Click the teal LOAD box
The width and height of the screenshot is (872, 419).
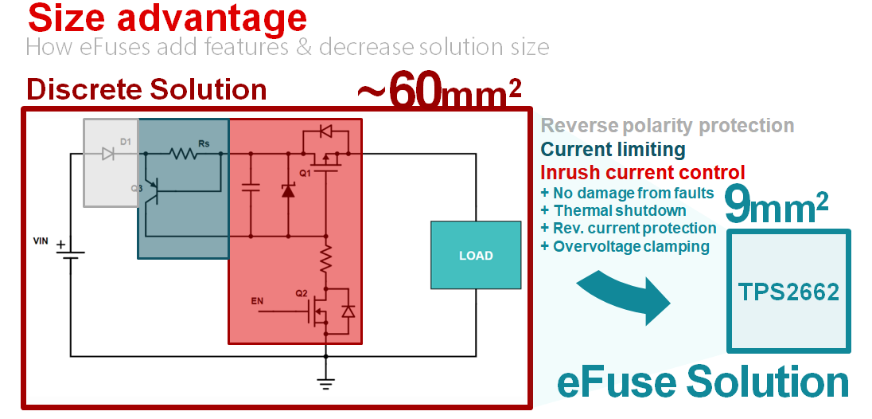(x=476, y=255)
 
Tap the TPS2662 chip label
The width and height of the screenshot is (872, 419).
(x=788, y=292)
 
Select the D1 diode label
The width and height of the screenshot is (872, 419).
(x=125, y=141)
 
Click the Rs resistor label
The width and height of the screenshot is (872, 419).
(x=204, y=142)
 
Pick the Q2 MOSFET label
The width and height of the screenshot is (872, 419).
(x=301, y=293)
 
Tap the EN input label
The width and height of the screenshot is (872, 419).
(x=257, y=301)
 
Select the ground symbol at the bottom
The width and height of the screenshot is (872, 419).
(x=325, y=382)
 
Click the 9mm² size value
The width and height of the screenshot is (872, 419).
(x=777, y=206)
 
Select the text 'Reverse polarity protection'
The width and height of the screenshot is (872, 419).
(x=667, y=126)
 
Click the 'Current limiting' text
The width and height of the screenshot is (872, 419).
(x=613, y=149)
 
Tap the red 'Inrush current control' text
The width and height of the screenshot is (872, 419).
(x=642, y=172)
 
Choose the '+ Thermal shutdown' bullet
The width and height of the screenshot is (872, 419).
(x=613, y=210)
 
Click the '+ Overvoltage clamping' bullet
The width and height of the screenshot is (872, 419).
(x=625, y=246)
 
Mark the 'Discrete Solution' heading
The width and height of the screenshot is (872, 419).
(x=146, y=89)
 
